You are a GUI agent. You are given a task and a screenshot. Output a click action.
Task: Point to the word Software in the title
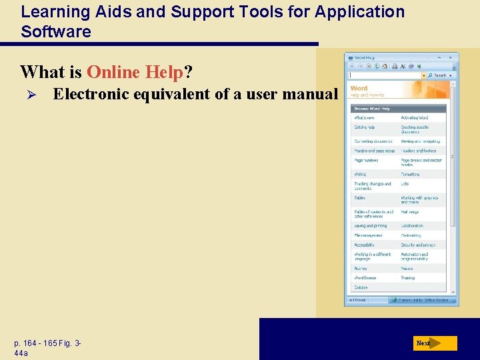(x=56, y=31)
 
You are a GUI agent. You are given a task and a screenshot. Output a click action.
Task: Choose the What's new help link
(x=364, y=118)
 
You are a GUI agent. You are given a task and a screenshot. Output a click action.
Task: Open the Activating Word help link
(x=414, y=118)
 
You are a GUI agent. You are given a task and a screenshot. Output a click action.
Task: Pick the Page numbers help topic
(x=366, y=160)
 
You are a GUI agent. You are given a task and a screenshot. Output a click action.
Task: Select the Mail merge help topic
(x=410, y=212)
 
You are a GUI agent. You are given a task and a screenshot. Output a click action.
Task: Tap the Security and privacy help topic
(x=418, y=245)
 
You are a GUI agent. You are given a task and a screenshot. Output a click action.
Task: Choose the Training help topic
(x=407, y=278)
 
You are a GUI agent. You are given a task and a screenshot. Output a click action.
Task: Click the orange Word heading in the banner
(x=359, y=88)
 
